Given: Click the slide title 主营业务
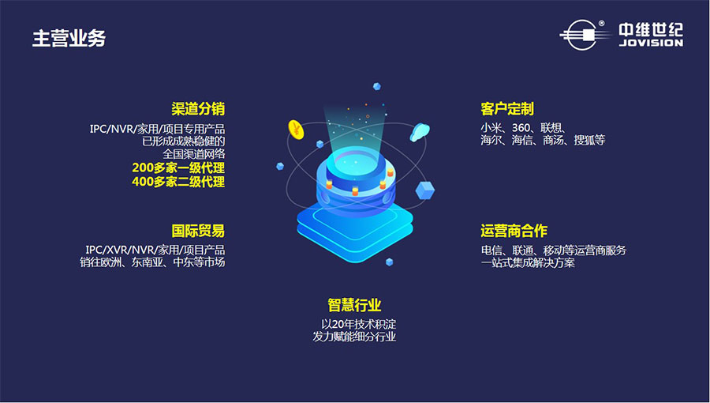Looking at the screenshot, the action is tap(69, 38).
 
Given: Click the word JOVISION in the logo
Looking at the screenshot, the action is tap(651, 43).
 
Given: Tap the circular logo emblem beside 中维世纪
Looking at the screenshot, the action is tap(582, 35).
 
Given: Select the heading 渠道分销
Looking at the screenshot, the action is tap(198, 109).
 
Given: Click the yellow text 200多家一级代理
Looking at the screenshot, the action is tap(178, 168).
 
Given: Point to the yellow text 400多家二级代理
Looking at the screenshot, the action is tap(178, 182).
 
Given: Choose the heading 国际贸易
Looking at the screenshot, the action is tap(198, 231).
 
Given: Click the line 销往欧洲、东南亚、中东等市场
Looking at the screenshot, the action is tap(152, 262).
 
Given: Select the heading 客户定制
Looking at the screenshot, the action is tap(507, 109).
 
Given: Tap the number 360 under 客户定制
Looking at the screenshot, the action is tap(521, 128).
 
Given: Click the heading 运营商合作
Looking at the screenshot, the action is tap(514, 231).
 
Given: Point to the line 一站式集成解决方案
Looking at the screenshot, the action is tap(528, 262).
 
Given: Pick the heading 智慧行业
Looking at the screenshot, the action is tap(354, 305).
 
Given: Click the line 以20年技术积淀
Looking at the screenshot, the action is tap(359, 324).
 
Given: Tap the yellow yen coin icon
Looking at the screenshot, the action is tap(296, 130).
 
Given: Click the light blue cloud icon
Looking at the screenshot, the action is tap(420, 132).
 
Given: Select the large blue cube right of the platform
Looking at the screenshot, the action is tap(424, 190).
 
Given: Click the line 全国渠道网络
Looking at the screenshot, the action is tap(194, 153).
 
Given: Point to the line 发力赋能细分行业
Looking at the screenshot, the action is tap(354, 337).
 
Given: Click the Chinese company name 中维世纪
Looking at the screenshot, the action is tap(651, 30).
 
